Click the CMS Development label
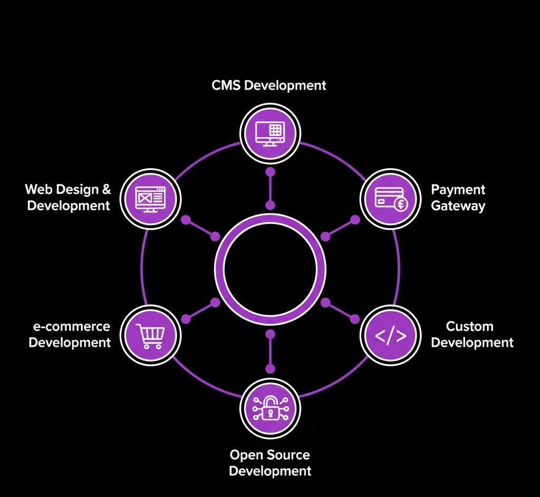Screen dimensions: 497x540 click(x=269, y=85)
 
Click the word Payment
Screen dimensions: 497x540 click(x=458, y=190)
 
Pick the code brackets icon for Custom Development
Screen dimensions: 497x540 click(x=390, y=336)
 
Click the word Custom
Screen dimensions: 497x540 click(x=469, y=326)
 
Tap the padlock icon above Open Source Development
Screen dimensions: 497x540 click(x=270, y=407)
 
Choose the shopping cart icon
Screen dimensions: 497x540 click(x=150, y=336)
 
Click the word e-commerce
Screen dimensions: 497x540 click(x=72, y=326)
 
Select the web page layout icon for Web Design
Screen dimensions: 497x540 click(x=150, y=199)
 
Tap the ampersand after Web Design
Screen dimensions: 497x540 click(x=105, y=189)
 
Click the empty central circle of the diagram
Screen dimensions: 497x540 click(x=270, y=269)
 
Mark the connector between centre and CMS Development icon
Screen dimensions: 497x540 click(x=270, y=188)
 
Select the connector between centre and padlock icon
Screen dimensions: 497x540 click(x=270, y=350)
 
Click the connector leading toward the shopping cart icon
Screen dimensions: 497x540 click(x=200, y=310)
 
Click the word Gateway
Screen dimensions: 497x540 click(x=458, y=206)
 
